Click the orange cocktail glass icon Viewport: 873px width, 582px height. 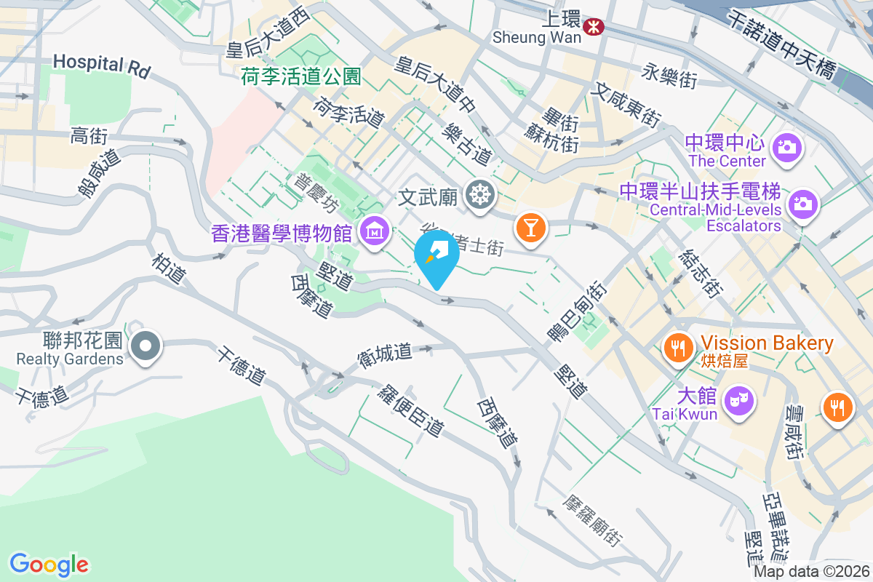pyautogui.click(x=530, y=228)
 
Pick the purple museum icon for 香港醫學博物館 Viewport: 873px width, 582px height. pyautogui.click(x=375, y=233)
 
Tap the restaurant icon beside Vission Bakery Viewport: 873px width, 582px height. pyautogui.click(x=679, y=347)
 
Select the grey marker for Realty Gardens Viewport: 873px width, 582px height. pyautogui.click(x=146, y=346)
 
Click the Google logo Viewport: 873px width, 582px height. pyautogui.click(x=49, y=565)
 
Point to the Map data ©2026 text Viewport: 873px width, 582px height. pyautogui.click(x=810, y=572)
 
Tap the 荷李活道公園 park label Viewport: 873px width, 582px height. pyautogui.click(x=301, y=76)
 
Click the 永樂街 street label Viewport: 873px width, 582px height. pyautogui.click(x=669, y=75)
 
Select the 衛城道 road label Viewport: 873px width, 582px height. pyautogui.click(x=385, y=354)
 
